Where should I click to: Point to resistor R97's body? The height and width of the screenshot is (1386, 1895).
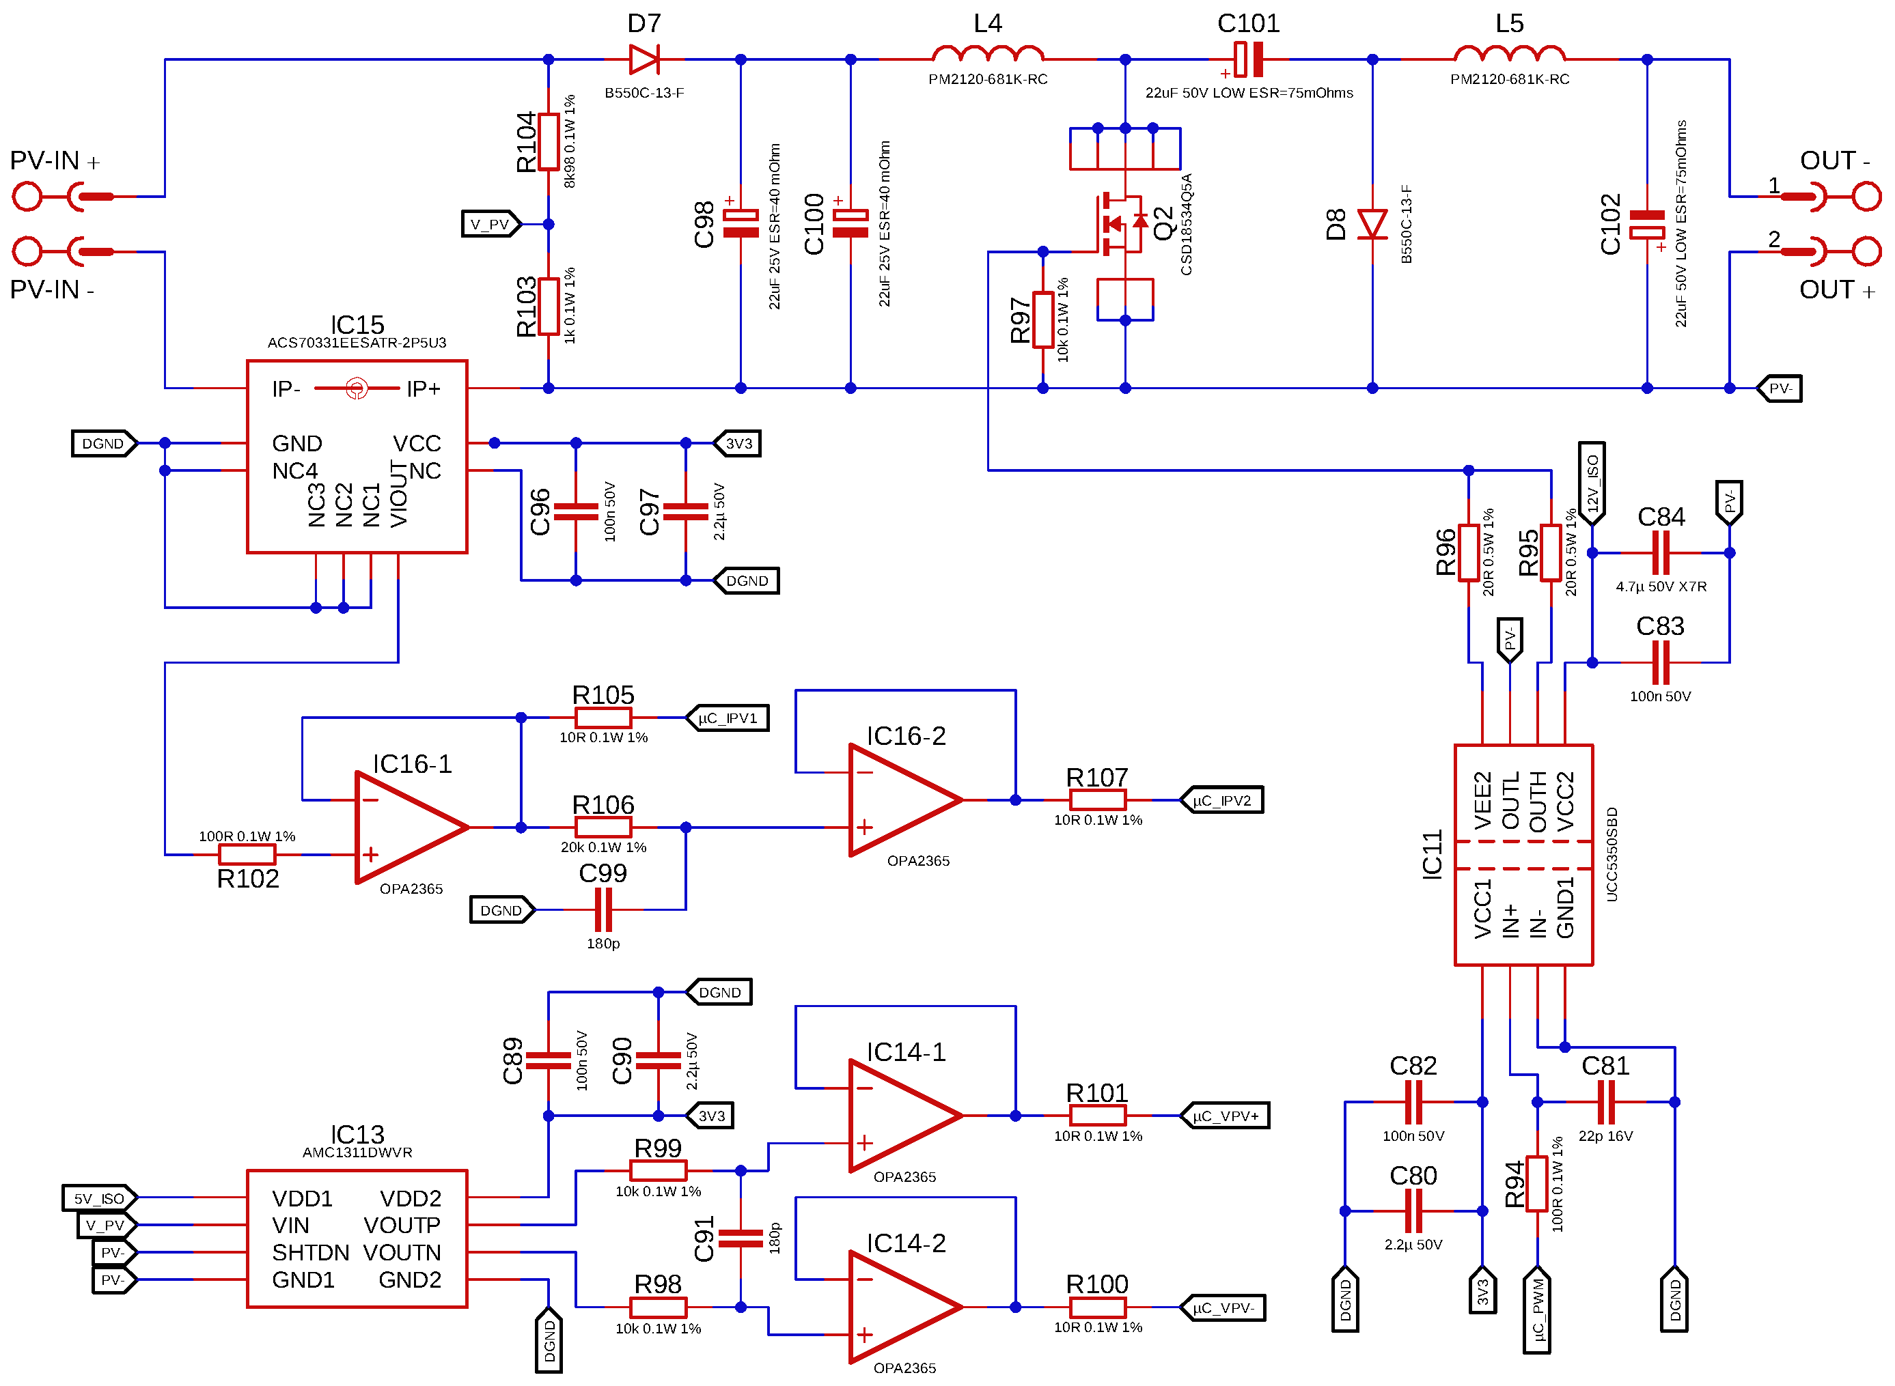coord(1042,320)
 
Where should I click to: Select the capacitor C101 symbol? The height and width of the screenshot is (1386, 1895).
coord(1248,59)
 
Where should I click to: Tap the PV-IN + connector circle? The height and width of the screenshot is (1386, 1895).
coord(27,197)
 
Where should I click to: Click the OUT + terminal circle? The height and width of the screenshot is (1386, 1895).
coord(1866,251)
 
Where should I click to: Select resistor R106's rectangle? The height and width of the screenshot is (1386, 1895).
coord(603,828)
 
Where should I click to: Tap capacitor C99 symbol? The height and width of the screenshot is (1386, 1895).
coord(603,909)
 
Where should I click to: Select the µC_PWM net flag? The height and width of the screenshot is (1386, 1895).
coord(1536,1309)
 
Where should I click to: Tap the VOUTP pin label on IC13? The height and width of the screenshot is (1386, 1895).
coord(401,1225)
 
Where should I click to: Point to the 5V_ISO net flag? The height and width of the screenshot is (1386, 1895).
coord(99,1198)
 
